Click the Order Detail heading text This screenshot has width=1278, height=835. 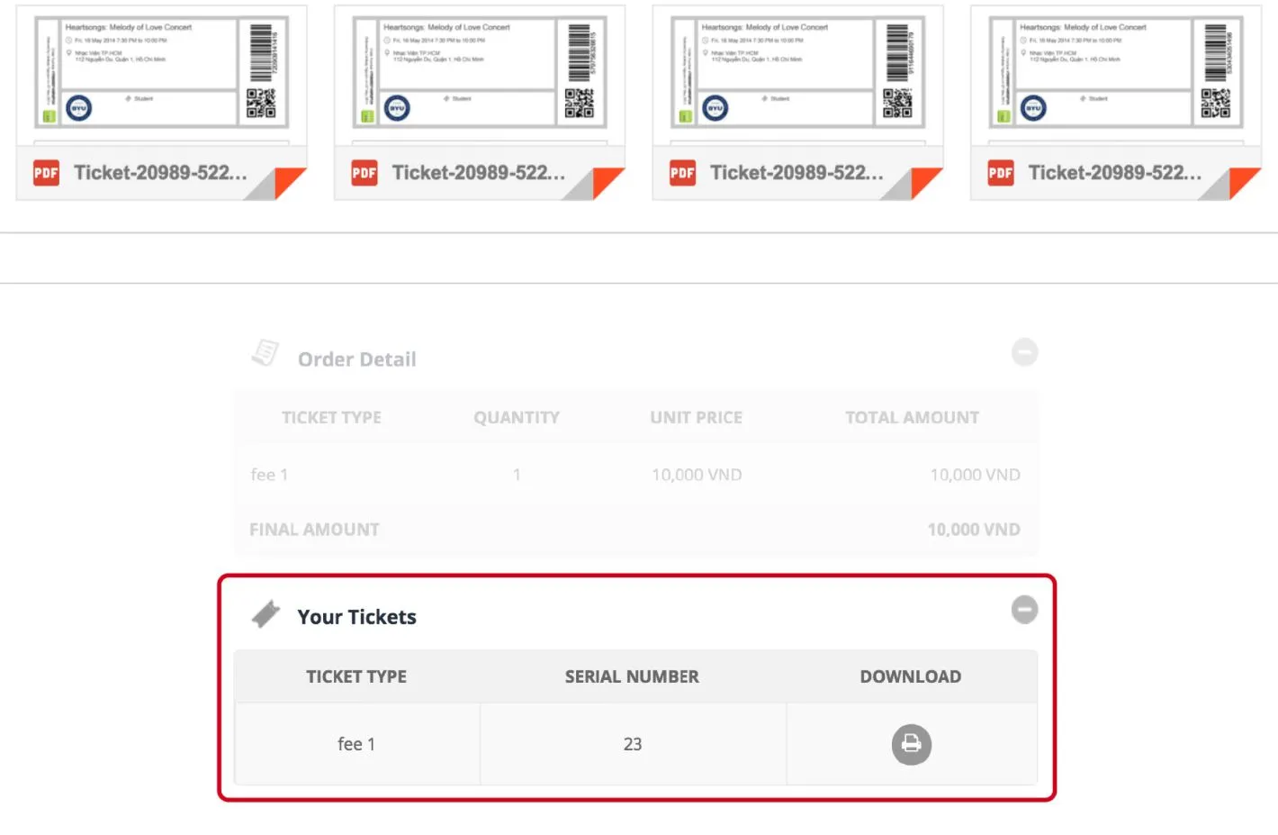(356, 359)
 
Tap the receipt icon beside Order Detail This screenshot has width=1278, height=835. (265, 353)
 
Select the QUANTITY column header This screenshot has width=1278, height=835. (517, 418)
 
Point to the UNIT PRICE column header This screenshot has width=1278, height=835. (696, 418)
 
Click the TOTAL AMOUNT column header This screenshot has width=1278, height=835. (912, 418)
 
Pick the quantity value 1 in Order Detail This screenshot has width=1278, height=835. (517, 475)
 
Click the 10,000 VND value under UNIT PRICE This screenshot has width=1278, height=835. (697, 475)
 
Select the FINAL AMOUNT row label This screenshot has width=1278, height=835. (314, 530)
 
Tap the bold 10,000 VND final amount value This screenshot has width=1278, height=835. (973, 530)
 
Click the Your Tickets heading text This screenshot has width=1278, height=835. (356, 617)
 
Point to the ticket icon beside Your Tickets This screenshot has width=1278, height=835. (265, 614)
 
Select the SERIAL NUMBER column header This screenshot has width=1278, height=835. (632, 676)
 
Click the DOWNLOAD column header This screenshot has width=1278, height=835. (910, 676)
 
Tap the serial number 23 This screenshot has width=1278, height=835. (633, 744)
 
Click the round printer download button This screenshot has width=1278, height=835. (911, 744)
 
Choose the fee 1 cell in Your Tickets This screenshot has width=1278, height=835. (356, 744)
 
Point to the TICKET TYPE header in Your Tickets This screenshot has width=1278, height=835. (356, 676)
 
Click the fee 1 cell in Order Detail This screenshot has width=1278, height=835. (269, 475)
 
